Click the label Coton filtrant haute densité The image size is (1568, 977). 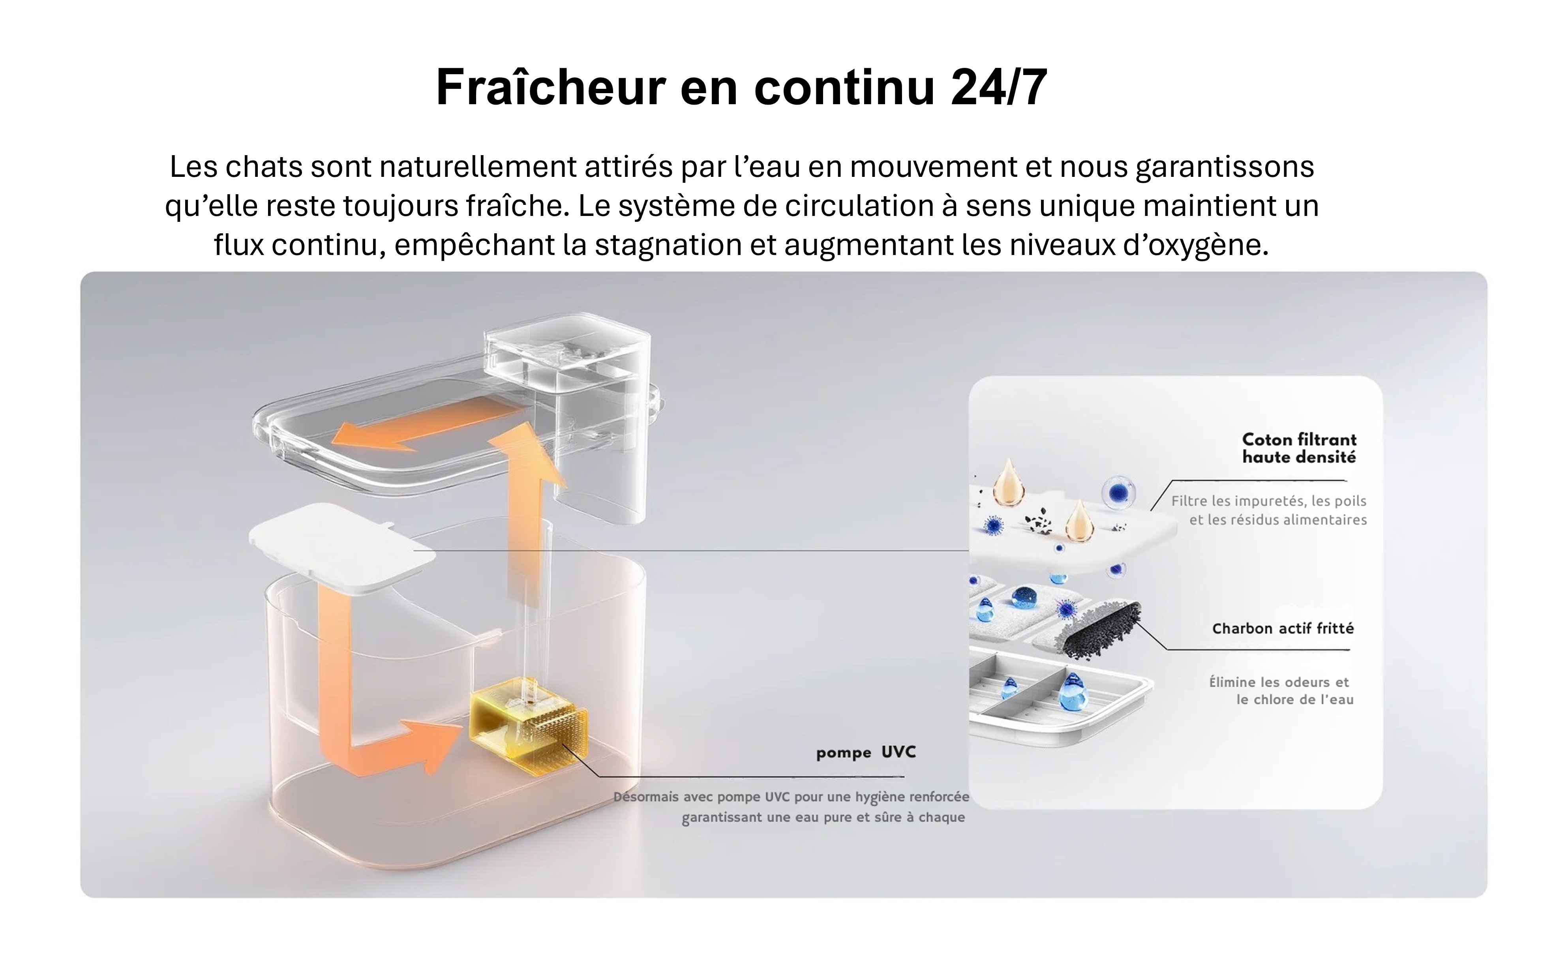[1299, 448]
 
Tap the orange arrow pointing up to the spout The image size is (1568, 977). [525, 517]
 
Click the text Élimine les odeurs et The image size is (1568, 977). [1279, 682]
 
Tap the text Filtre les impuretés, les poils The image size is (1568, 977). [1268, 501]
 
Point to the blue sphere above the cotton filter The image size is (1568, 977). [1118, 493]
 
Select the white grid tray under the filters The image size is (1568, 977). [1060, 698]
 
